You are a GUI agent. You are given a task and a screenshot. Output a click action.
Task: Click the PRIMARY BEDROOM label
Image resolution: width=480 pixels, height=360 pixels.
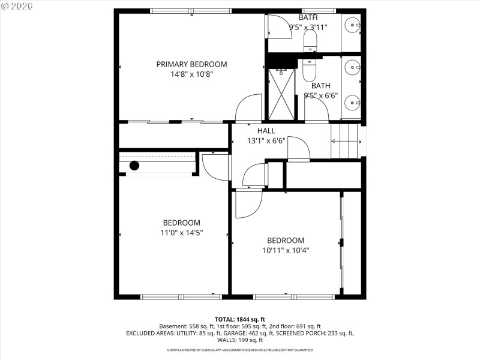(x=191, y=64)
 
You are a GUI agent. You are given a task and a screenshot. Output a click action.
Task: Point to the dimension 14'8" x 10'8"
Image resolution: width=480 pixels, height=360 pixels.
(x=191, y=74)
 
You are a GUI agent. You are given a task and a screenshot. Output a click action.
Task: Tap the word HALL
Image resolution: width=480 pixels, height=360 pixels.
(x=266, y=131)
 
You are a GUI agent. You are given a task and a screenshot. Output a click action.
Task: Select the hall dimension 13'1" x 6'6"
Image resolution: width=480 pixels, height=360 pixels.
(x=266, y=141)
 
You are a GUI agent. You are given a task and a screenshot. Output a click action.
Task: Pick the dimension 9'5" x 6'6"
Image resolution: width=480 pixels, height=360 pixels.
(x=320, y=95)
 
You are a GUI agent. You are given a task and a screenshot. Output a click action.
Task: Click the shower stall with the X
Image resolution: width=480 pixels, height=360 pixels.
(x=281, y=94)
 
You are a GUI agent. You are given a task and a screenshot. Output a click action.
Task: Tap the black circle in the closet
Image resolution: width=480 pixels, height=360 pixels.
(x=134, y=166)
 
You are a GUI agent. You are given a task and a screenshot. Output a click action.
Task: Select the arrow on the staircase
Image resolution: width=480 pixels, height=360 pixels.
(x=344, y=142)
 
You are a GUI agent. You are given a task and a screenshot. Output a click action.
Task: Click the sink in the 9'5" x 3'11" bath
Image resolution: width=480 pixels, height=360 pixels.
(x=352, y=26)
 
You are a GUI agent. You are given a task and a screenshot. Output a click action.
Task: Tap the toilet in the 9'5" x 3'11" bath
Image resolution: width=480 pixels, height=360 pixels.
(x=310, y=40)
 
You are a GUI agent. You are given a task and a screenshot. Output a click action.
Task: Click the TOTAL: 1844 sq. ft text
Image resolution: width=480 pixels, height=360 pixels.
(x=240, y=319)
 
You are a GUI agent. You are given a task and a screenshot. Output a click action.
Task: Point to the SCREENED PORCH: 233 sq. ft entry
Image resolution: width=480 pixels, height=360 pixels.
(x=321, y=333)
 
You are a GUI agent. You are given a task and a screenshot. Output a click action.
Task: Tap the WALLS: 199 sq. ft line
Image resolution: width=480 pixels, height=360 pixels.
(x=240, y=340)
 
